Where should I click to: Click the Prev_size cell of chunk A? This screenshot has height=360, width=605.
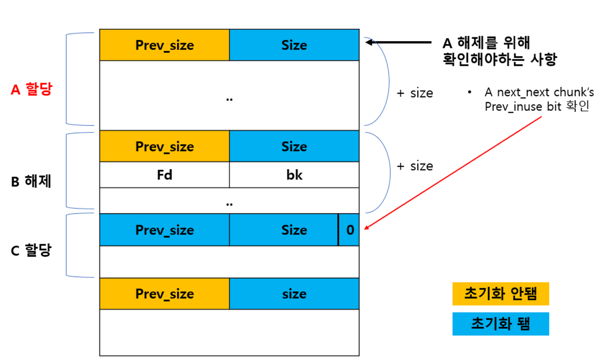point(164,45)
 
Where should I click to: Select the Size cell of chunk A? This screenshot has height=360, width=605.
point(294,45)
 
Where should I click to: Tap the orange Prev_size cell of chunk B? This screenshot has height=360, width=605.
point(164,146)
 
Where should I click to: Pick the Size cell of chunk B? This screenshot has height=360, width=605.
point(294,146)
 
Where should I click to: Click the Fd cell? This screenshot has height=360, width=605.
point(164,175)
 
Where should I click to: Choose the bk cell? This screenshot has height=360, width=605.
point(294,175)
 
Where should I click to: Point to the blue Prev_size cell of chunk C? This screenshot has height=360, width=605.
point(164,230)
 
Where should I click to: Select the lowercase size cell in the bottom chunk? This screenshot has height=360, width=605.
point(294,294)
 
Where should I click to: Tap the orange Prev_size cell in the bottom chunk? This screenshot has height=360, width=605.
point(164,294)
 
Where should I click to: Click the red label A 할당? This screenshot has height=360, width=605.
point(31,90)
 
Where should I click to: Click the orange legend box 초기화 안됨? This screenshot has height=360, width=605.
point(500,294)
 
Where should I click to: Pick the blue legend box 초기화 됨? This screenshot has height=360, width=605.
point(500,324)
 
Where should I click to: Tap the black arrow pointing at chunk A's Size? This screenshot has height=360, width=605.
point(398,42)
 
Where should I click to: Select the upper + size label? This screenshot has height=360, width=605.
point(415,93)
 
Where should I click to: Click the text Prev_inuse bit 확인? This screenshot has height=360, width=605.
point(537,107)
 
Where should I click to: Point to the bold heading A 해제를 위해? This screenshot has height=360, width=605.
point(486,43)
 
